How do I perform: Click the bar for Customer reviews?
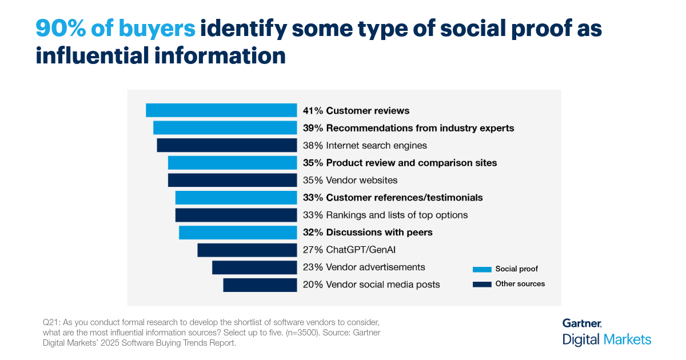221,110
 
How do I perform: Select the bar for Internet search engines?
227,145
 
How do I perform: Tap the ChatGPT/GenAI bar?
247,250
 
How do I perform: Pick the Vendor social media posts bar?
260,285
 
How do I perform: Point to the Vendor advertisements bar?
254,267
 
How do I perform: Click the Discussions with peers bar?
238,233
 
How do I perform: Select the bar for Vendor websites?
232,180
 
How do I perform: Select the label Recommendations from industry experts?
420,128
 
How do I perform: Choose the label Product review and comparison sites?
412,163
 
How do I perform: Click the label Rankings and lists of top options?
397,215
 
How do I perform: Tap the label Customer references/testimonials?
404,198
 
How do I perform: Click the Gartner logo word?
581,323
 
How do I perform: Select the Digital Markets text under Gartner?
607,339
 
